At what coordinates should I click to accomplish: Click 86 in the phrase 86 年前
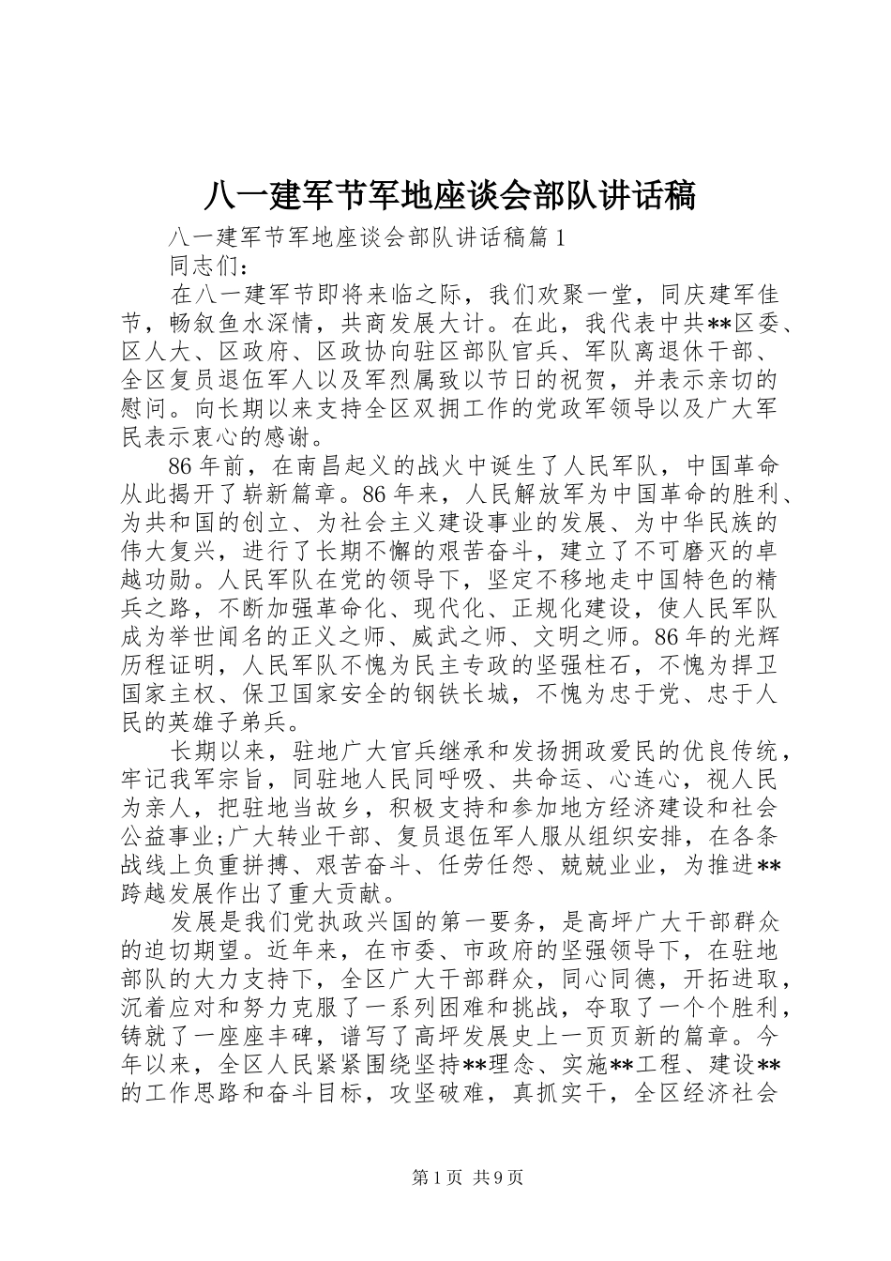tap(180, 466)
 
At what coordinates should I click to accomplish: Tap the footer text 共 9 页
tap(500, 1178)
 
